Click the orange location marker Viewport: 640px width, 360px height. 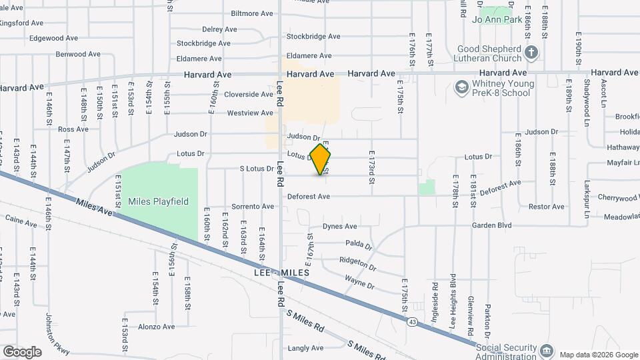point(321,159)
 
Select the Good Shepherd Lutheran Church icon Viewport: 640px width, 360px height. point(531,51)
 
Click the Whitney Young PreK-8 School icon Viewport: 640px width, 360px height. point(461,87)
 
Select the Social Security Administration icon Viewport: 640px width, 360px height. point(546,350)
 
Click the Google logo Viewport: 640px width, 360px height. point(22,352)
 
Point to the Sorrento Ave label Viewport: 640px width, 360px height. point(253,207)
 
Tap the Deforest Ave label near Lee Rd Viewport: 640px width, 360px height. point(309,197)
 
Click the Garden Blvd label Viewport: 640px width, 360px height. point(491,225)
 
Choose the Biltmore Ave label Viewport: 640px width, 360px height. point(252,13)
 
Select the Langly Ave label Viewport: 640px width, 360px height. point(306,348)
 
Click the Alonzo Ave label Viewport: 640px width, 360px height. point(156,327)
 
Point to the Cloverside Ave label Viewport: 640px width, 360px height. point(249,95)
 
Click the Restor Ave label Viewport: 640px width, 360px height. point(547,207)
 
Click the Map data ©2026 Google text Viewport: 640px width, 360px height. point(598,354)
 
